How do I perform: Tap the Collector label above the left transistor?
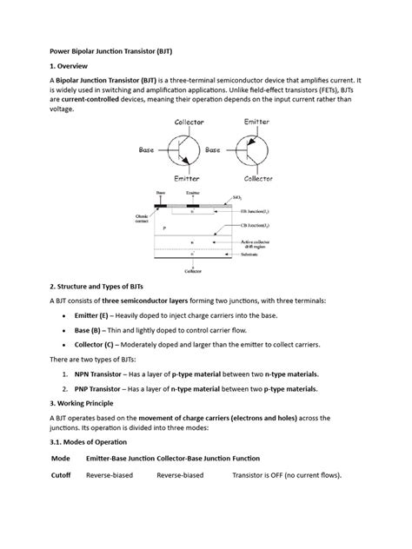point(189,122)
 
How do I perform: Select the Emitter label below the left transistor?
point(189,179)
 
